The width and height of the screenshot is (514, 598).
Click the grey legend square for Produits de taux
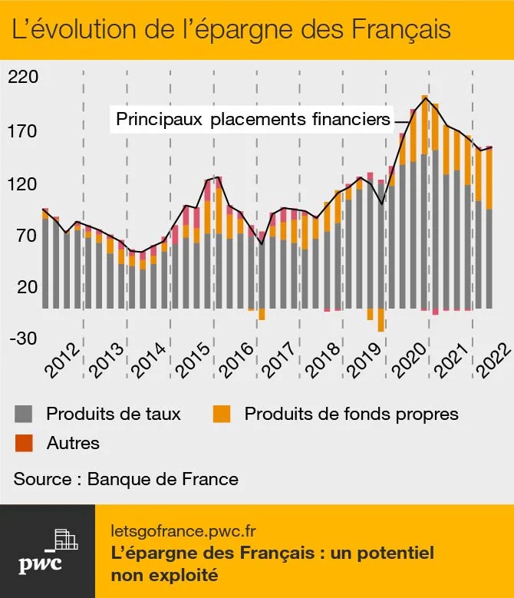pos(25,415)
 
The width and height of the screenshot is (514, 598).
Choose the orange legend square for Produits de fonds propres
pos(222,415)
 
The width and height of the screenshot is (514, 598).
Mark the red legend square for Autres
pos(25,444)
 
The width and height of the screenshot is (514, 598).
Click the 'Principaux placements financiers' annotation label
pos(253,120)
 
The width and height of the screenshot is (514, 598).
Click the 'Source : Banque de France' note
pos(126,479)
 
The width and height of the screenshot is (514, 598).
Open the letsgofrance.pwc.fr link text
pos(183,530)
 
